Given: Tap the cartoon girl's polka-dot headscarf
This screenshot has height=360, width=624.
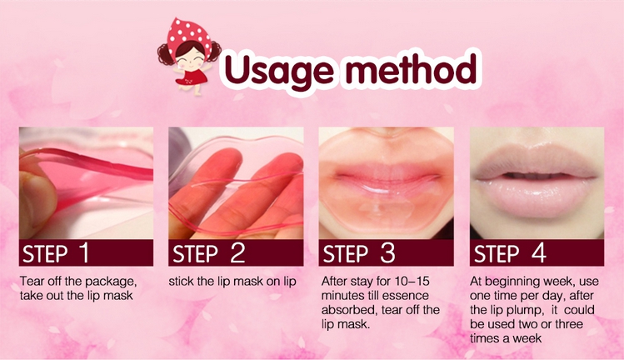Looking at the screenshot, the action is pyautogui.click(x=188, y=36).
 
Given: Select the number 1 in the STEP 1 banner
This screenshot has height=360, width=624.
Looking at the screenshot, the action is pyautogui.click(x=84, y=252).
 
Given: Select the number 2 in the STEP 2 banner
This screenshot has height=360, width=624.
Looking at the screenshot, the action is pyautogui.click(x=237, y=252).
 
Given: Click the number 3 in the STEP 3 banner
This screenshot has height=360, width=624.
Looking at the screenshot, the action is pyautogui.click(x=387, y=252).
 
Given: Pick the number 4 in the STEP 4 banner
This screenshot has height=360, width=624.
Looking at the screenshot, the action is pyautogui.click(x=539, y=252).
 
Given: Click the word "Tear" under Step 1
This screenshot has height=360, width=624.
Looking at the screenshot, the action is pyautogui.click(x=32, y=282).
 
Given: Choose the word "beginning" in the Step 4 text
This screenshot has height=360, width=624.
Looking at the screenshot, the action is pyautogui.click(x=513, y=282).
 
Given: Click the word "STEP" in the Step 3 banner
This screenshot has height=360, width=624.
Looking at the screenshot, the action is pyautogui.click(x=346, y=253).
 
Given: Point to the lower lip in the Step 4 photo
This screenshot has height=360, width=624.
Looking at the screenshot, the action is pyautogui.click(x=536, y=197).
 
